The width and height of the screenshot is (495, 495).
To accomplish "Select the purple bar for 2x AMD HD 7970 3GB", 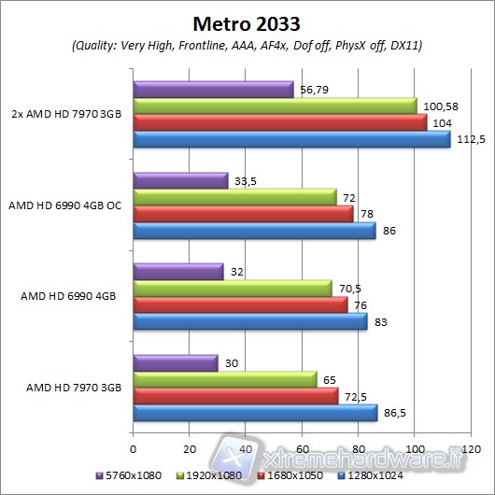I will (x=214, y=90).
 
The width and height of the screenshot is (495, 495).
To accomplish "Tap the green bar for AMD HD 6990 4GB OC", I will (x=234, y=196).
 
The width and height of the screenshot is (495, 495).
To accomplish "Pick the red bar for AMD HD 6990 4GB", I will (x=240, y=304).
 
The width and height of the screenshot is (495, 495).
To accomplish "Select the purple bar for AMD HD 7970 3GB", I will (x=176, y=362).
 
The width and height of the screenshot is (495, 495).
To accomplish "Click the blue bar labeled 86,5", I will (x=255, y=413).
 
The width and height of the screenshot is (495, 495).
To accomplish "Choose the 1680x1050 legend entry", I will (x=292, y=475).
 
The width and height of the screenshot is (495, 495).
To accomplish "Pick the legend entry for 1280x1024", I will (x=376, y=475).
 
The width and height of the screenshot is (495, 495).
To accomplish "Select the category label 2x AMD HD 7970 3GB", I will (x=64, y=114).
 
